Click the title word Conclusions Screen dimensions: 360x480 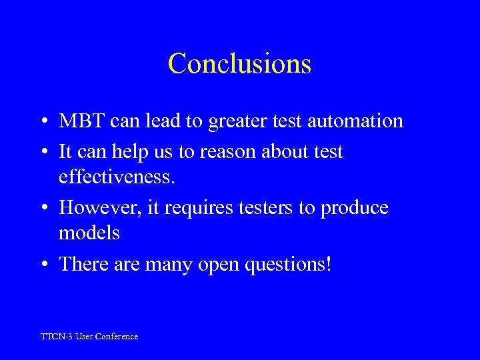click(x=239, y=64)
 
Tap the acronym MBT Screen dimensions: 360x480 click(x=81, y=121)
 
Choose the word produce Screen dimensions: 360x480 click(x=354, y=208)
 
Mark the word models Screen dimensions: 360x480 click(x=89, y=233)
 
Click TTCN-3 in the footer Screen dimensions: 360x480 click(x=57, y=337)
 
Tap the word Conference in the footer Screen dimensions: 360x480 click(x=117, y=337)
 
